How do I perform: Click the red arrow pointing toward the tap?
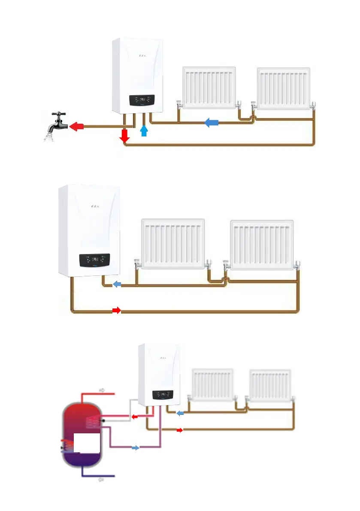pos(76,127)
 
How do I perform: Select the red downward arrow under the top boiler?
pos(125,136)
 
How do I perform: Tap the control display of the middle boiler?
pos(94,260)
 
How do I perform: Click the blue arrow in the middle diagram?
pos(116,284)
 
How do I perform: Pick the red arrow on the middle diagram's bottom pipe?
pos(116,310)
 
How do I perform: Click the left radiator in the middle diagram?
pos(173,243)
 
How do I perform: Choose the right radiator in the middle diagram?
pos(262,245)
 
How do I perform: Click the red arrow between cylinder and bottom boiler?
pos(135,416)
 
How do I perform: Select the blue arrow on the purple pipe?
pos(135,448)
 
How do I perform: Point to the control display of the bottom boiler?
pos(163,394)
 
